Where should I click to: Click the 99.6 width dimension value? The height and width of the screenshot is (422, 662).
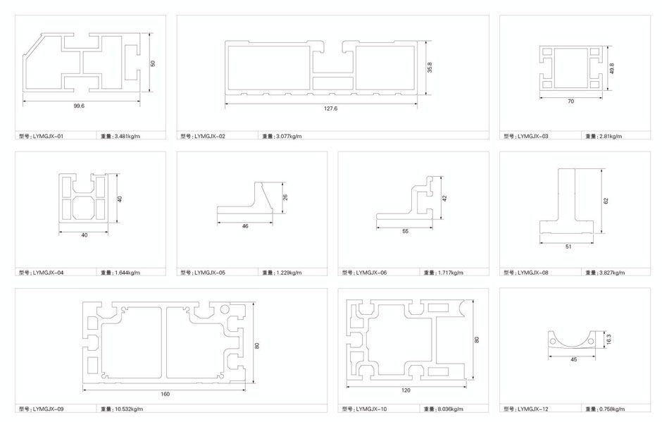(x=79, y=106)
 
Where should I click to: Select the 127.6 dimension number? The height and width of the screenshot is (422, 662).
(x=330, y=108)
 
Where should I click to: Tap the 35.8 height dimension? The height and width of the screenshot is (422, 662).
(x=430, y=67)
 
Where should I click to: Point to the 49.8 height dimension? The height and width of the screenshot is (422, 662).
(x=612, y=68)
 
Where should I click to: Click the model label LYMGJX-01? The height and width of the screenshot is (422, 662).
(x=48, y=137)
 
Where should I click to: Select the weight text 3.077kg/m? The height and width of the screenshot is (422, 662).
(x=289, y=137)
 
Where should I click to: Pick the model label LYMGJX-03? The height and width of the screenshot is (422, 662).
(x=533, y=137)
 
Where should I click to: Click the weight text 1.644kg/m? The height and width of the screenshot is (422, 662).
(x=127, y=273)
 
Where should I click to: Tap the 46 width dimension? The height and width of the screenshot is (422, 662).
(x=245, y=226)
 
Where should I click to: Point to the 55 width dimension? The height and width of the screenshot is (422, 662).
(x=406, y=232)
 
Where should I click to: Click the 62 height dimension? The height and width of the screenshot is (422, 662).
(x=606, y=201)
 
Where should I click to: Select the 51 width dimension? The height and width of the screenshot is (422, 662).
(x=568, y=247)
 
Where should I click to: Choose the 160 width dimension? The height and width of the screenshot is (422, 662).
(x=165, y=394)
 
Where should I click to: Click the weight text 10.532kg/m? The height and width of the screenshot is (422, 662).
(x=129, y=409)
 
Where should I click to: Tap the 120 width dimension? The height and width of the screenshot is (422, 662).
(x=406, y=390)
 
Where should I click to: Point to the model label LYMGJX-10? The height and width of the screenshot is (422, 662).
(x=371, y=409)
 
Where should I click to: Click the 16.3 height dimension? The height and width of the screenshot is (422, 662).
(x=608, y=339)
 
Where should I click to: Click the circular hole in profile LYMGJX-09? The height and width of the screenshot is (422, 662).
(x=225, y=309)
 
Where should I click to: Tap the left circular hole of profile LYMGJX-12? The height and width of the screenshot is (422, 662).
(x=553, y=341)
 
